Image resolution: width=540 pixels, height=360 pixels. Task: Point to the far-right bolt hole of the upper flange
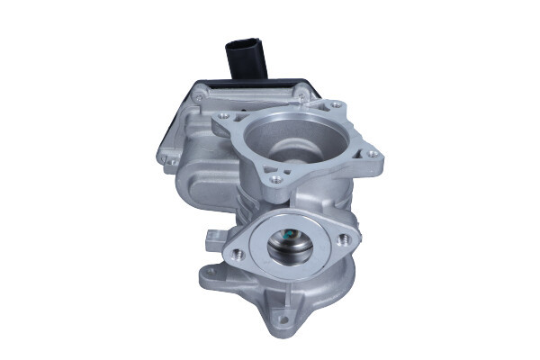[x=370, y=155]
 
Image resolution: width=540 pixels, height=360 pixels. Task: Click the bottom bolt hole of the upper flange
[x=275, y=180]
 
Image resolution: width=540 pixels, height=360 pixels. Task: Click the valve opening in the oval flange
[x=290, y=246]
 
